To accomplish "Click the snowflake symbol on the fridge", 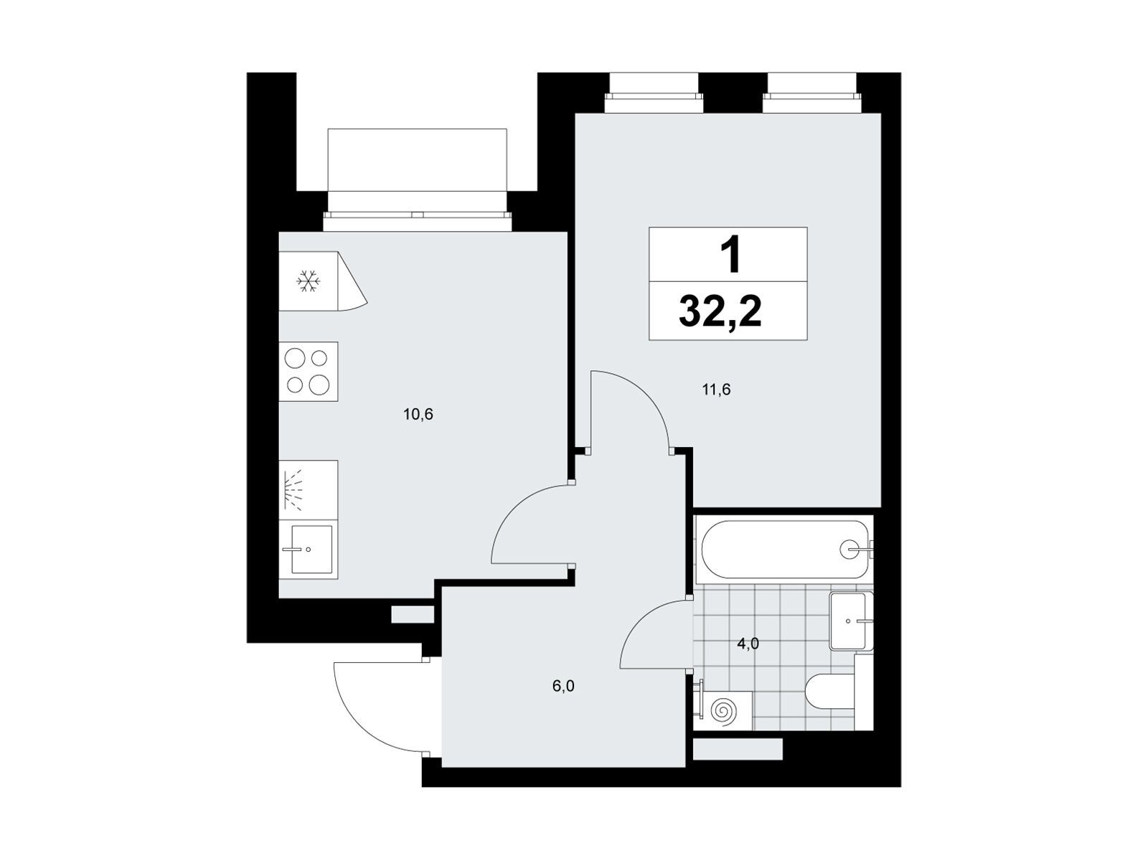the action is (x=308, y=281).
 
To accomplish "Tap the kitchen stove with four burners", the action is (x=308, y=371).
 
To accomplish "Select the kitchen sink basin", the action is (x=311, y=549).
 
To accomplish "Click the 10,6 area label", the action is (x=418, y=415).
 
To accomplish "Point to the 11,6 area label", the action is (x=716, y=390).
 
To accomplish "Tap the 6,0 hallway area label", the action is (x=563, y=686).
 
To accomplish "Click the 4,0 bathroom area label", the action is (x=748, y=644).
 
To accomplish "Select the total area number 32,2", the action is (x=720, y=311).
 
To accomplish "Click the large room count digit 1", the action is (x=730, y=254).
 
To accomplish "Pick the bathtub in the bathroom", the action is (x=784, y=549).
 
